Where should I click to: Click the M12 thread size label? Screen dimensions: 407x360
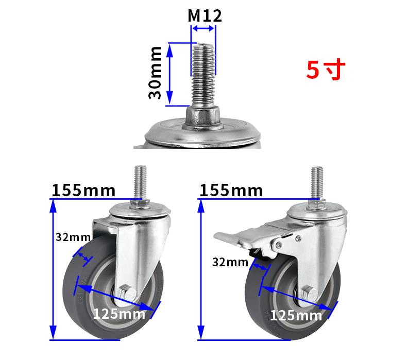point(205,16)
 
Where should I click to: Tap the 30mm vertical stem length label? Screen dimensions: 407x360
point(155,73)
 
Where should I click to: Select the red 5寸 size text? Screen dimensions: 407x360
point(326,70)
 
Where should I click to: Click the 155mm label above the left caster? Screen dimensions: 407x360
point(83,190)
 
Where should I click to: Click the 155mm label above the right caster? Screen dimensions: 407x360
point(231,190)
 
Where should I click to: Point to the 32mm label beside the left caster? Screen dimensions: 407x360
point(73,237)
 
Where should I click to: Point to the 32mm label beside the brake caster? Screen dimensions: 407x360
point(230,262)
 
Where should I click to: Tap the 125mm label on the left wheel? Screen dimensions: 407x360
point(119,314)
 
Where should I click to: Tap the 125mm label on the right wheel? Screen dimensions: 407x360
point(296,315)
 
